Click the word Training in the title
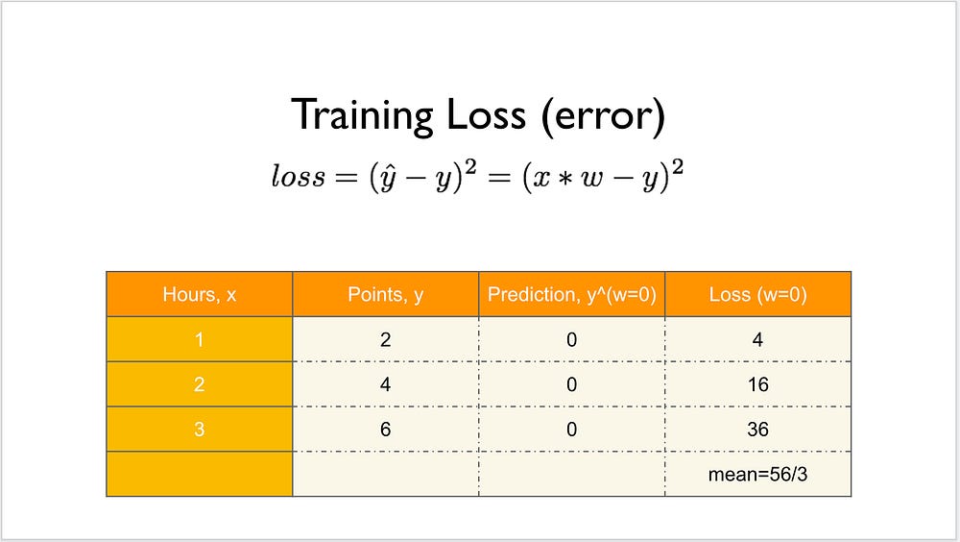tap(363, 115)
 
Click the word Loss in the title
tap(486, 114)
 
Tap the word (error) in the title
tap(603, 116)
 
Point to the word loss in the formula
tap(299, 176)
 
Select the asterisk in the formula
tap(564, 179)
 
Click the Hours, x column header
tap(200, 294)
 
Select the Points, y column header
tap(386, 294)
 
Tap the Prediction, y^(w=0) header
tap(572, 294)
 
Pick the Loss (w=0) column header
tap(758, 294)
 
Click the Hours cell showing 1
tap(200, 339)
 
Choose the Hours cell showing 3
tap(200, 430)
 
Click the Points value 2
tap(386, 339)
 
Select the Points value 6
tap(386, 430)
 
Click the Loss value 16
tap(758, 384)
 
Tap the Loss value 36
tap(758, 430)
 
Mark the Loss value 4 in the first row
tap(758, 339)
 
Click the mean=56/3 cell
tap(758, 474)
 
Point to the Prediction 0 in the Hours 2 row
tap(572, 384)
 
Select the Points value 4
tap(386, 384)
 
